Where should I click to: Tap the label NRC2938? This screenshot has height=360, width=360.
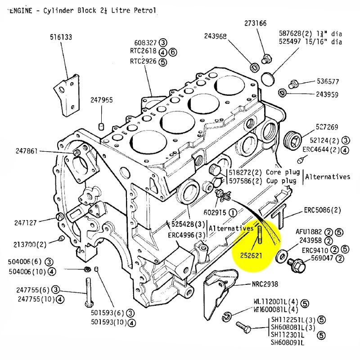pos(265,284)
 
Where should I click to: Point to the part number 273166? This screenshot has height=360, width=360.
pos(256,23)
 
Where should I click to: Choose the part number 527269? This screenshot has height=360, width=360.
pos(327,127)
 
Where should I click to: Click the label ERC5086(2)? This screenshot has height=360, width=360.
pos(322,210)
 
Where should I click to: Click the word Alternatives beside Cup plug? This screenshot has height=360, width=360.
pos(327,177)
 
